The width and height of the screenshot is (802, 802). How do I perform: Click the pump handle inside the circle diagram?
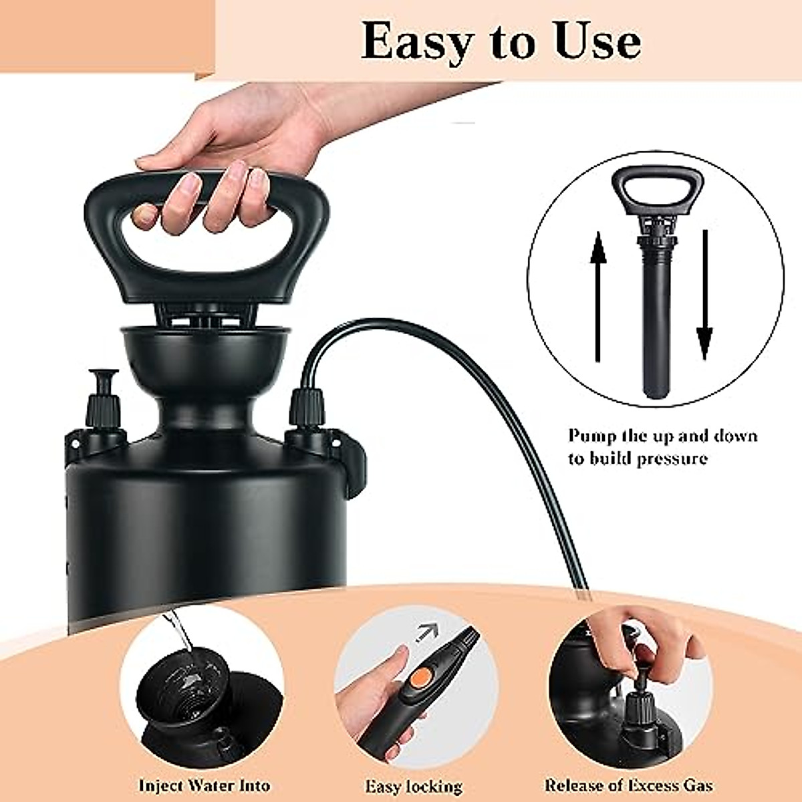(658, 190)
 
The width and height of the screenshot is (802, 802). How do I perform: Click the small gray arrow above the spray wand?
(424, 632)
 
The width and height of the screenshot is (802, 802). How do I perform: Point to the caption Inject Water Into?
(205, 786)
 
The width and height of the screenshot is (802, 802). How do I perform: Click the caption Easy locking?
(414, 787)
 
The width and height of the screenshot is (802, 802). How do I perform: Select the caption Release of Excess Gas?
(628, 786)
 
